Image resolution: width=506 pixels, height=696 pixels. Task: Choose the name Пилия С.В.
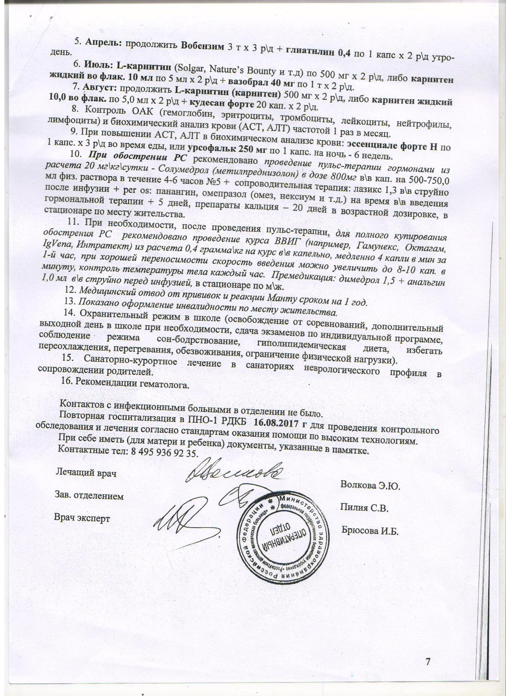364,508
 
